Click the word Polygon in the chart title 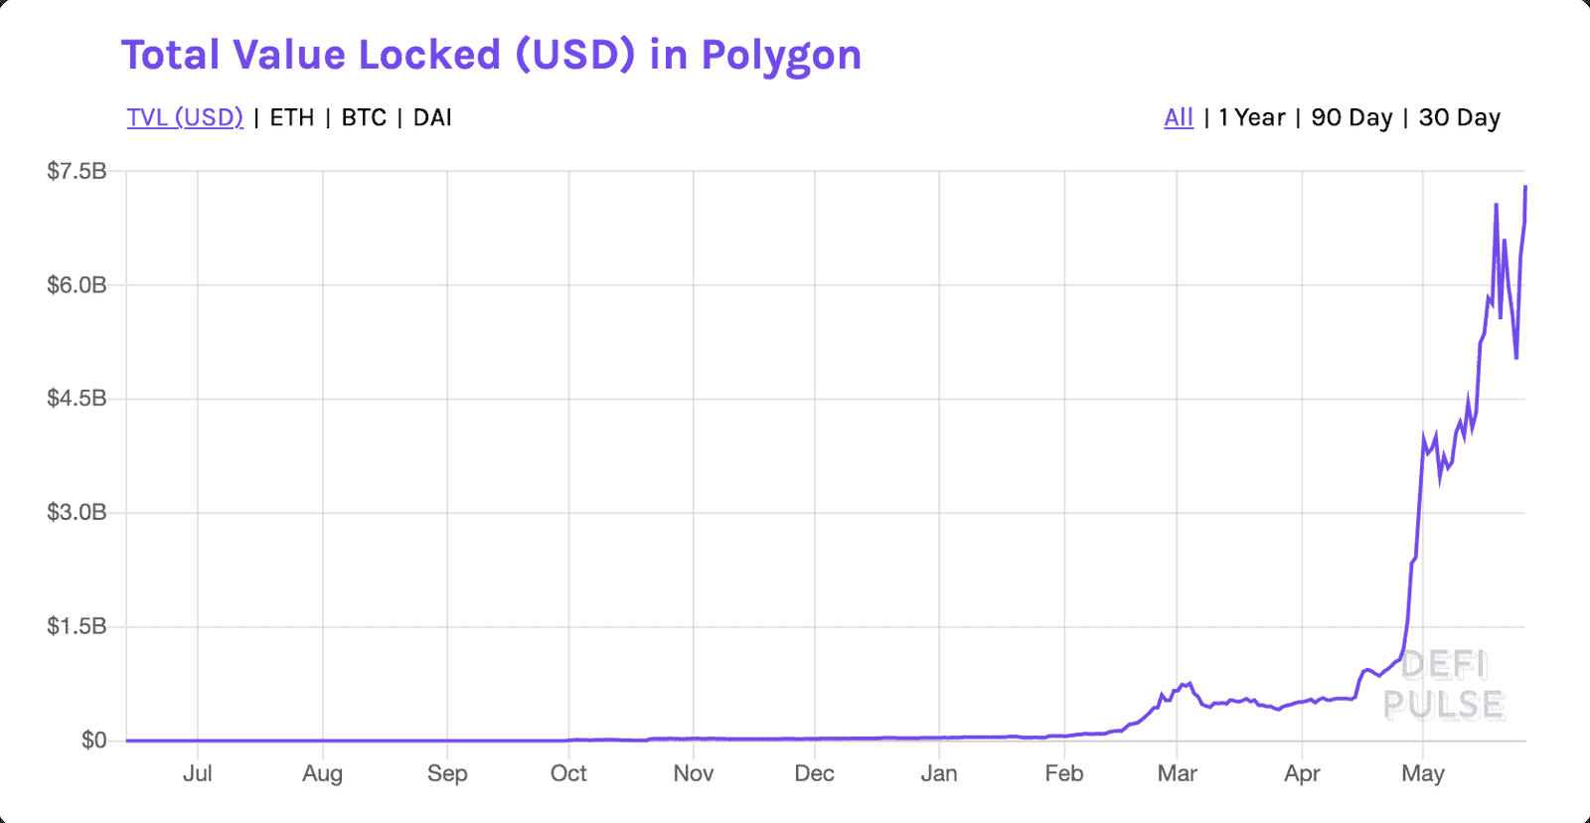click(781, 56)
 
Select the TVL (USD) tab click(185, 117)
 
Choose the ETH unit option click(292, 117)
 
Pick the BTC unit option click(364, 117)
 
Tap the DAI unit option click(432, 117)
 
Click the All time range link click(1179, 117)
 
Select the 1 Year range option click(1252, 117)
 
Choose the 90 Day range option click(1351, 117)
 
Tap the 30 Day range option click(1459, 117)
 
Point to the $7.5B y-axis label click(77, 171)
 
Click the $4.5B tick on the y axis click(77, 399)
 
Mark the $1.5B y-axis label click(77, 626)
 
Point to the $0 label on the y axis click(93, 741)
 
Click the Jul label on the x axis click(197, 773)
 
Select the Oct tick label click(568, 773)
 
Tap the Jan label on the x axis click(939, 773)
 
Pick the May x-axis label click(1422, 773)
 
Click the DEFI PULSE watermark click(1444, 685)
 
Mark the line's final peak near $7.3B click(1525, 187)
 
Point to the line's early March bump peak click(1189, 683)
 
